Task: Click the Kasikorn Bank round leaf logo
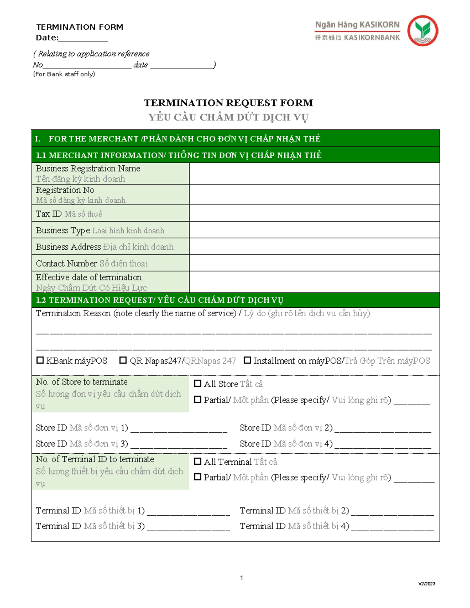tap(423, 31)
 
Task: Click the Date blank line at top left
tap(83, 39)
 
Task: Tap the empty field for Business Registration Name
tap(314, 173)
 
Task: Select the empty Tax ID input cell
tap(314, 213)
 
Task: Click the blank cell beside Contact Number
tap(314, 263)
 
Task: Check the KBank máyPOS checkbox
tap(40, 360)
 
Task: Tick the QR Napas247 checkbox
tap(123, 360)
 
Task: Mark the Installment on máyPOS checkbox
tap(247, 360)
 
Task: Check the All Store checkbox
tap(198, 384)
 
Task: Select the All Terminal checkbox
tap(198, 462)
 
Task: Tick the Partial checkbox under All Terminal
tap(198, 477)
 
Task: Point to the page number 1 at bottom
tap(241, 578)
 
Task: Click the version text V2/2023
tap(427, 584)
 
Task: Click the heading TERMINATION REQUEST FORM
tap(228, 103)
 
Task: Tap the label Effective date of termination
tap(89, 277)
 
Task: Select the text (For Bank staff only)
tap(64, 74)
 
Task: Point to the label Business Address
tap(68, 247)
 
